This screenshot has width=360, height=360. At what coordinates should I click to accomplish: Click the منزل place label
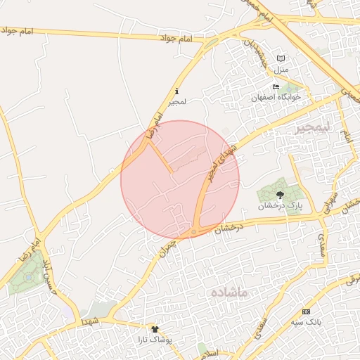pos(281,70)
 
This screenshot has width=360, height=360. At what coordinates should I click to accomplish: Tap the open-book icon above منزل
pos(281,58)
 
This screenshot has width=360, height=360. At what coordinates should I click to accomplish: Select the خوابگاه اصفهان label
pos(276,97)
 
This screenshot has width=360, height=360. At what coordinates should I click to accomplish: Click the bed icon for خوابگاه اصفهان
pos(276,86)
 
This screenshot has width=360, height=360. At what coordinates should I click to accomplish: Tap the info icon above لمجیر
pos(176,91)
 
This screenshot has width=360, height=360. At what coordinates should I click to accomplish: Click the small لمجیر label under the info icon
pos(176,103)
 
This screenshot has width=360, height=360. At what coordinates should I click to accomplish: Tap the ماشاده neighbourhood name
pos(229,291)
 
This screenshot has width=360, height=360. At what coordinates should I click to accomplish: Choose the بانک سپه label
pos(307,322)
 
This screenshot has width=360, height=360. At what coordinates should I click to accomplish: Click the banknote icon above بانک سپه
pos(306,311)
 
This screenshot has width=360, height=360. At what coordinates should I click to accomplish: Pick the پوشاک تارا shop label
pos(155,340)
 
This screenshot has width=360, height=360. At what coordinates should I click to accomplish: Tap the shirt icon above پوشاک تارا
pos(155,328)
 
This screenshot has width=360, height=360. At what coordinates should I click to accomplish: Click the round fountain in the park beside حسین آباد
pos(27,277)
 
